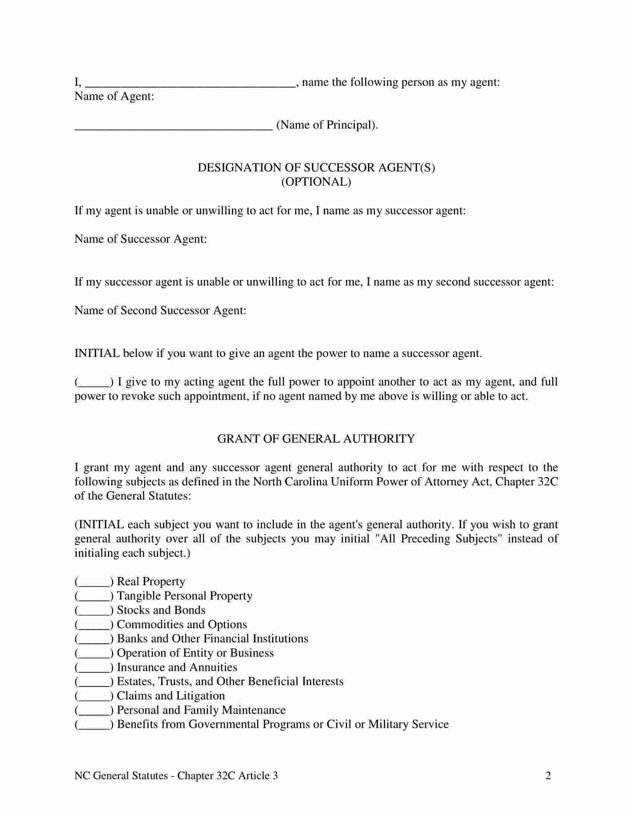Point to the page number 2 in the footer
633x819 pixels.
coord(548,775)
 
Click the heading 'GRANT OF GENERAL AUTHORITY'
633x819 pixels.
coord(316,439)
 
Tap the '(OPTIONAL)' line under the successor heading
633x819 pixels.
coord(316,182)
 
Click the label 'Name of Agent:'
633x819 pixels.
coord(114,96)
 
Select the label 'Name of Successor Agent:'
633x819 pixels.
coord(141,239)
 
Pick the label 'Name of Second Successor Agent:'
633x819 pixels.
coord(160,310)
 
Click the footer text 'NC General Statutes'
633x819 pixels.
coord(121,775)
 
